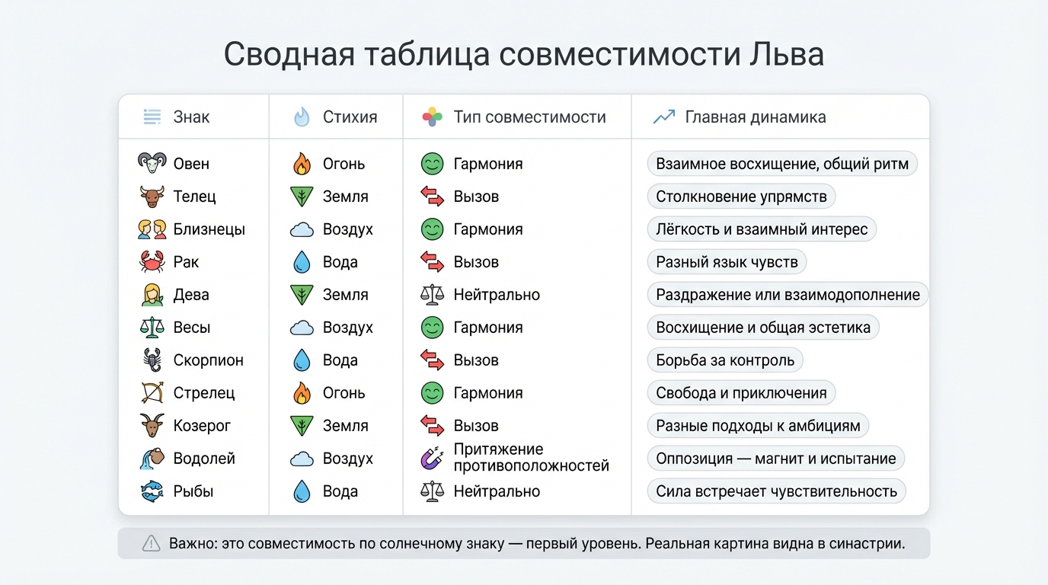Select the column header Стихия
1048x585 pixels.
click(x=350, y=117)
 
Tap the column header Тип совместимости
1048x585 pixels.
click(x=529, y=117)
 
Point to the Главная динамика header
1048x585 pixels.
click(x=755, y=117)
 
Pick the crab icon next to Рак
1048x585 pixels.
click(x=152, y=262)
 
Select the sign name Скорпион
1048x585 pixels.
click(x=208, y=360)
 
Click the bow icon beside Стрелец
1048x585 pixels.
click(x=152, y=393)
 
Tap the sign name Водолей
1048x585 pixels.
click(x=204, y=459)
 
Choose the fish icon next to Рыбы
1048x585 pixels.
click(x=152, y=491)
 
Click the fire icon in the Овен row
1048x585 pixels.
click(x=302, y=164)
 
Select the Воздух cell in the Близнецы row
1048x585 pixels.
click(x=347, y=229)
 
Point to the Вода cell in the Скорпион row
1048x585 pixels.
click(x=340, y=360)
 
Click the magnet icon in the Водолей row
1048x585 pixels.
click(x=432, y=459)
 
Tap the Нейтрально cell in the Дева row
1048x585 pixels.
click(x=497, y=295)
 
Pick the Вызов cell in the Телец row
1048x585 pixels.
click(x=476, y=197)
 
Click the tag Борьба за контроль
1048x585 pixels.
click(x=725, y=360)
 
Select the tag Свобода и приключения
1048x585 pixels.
click(x=741, y=393)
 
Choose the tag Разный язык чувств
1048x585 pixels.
click(x=727, y=262)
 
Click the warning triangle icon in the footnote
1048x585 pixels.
click(x=152, y=544)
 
